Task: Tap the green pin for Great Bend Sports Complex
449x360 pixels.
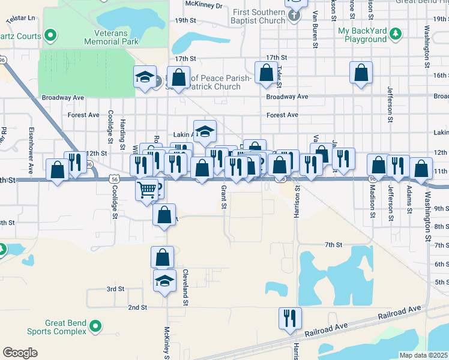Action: pos(95,326)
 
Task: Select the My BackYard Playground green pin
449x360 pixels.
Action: pos(395,31)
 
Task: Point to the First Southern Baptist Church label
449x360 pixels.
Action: pos(259,17)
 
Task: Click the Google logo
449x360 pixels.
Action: pos(20,353)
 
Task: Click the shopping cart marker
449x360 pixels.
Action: pos(147,190)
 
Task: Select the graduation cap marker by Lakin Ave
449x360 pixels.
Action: pos(205,131)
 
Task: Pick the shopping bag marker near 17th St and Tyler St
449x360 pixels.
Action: pos(266,73)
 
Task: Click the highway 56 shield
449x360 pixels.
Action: pos(113,179)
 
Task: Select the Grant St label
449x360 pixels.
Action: pos(223,197)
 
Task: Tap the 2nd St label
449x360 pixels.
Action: pos(137,308)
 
